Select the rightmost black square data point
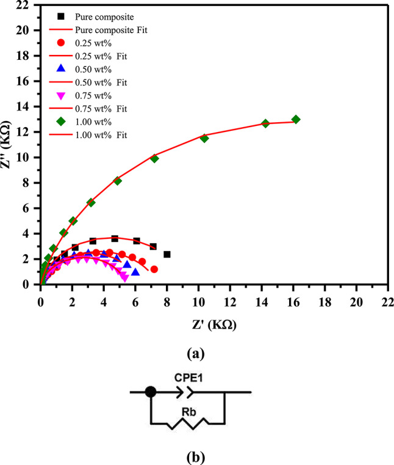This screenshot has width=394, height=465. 167,254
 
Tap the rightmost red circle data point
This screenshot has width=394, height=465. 154,269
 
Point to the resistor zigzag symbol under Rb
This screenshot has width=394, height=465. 188,423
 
